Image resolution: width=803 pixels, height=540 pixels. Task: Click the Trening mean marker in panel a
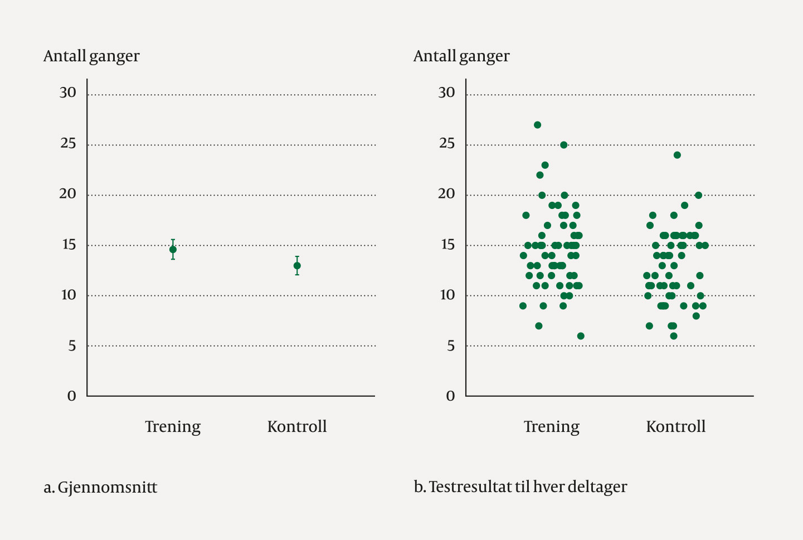(173, 249)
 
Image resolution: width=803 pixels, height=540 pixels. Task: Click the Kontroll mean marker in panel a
(297, 266)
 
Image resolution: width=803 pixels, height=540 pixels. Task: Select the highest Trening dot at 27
(537, 125)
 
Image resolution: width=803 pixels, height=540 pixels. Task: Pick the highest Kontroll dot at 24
(677, 155)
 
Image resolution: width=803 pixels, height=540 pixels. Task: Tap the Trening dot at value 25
(563, 145)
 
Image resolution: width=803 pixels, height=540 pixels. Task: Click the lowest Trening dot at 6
(581, 336)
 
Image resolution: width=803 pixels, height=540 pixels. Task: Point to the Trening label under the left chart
(173, 427)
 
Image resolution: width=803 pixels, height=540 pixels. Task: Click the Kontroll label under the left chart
(297, 427)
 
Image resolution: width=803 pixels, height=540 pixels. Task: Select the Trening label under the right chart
(552, 427)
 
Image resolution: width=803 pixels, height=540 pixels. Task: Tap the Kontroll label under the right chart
(675, 427)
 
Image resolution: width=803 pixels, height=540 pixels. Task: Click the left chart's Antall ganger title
(91, 56)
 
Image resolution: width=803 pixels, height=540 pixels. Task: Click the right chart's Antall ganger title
(461, 56)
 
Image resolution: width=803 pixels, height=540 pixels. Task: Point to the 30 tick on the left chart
(68, 93)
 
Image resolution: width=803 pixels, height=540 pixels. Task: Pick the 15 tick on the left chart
(69, 245)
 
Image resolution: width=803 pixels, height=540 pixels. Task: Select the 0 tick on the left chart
(72, 396)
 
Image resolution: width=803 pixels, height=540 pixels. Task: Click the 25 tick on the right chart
(447, 143)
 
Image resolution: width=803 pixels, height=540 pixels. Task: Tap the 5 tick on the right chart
(450, 346)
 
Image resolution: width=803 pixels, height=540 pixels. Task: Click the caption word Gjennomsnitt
(108, 488)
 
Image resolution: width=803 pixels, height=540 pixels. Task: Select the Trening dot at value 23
(545, 165)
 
